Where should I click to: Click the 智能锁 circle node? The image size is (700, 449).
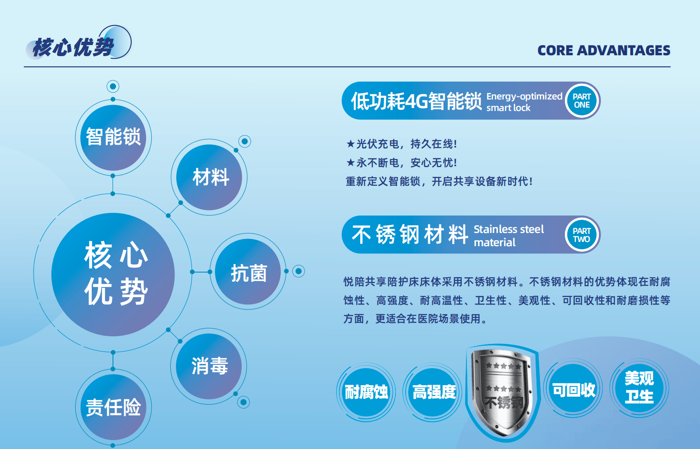pos(113,138)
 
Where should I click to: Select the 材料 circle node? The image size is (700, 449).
pos(209,177)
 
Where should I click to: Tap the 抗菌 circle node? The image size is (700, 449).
pos(248,272)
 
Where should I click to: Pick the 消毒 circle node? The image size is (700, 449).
pos(209,367)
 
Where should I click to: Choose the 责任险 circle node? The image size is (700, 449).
pos(113,407)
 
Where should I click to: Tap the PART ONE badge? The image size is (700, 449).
pos(581,101)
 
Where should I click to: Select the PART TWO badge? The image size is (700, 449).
pos(581,235)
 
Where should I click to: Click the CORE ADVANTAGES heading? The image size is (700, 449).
pos(604,50)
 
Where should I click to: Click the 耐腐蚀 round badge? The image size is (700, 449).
pos(366,392)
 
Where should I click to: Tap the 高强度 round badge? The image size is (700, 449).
pos(433,392)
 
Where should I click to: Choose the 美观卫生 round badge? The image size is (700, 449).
pos(639,388)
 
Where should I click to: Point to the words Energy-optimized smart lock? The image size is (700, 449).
pos(524,102)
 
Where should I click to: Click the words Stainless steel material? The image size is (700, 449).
pos(509,236)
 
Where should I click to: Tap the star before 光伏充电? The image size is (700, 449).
pos(350,144)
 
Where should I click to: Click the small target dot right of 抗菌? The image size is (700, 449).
pos(299,271)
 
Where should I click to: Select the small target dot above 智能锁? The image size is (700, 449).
pos(113,86)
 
